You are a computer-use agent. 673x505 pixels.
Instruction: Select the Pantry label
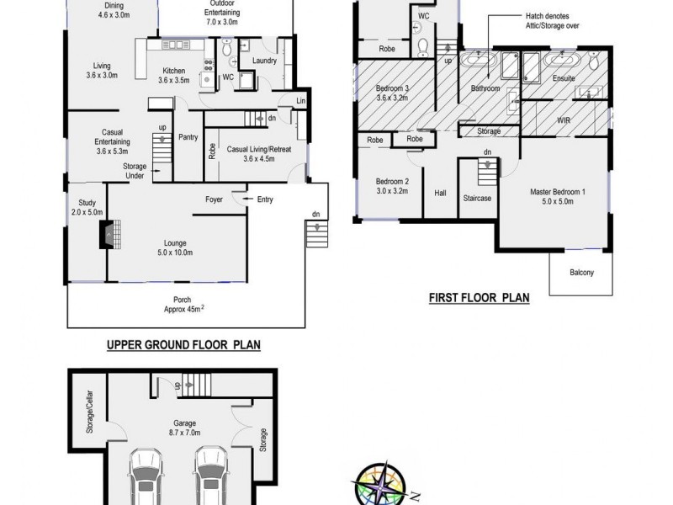(187, 138)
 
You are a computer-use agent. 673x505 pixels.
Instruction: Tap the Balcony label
(580, 273)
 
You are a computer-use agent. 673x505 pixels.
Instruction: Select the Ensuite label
(564, 78)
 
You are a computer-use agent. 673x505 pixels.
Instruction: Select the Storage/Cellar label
(89, 412)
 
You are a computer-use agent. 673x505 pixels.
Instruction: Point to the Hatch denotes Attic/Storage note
(550, 21)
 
